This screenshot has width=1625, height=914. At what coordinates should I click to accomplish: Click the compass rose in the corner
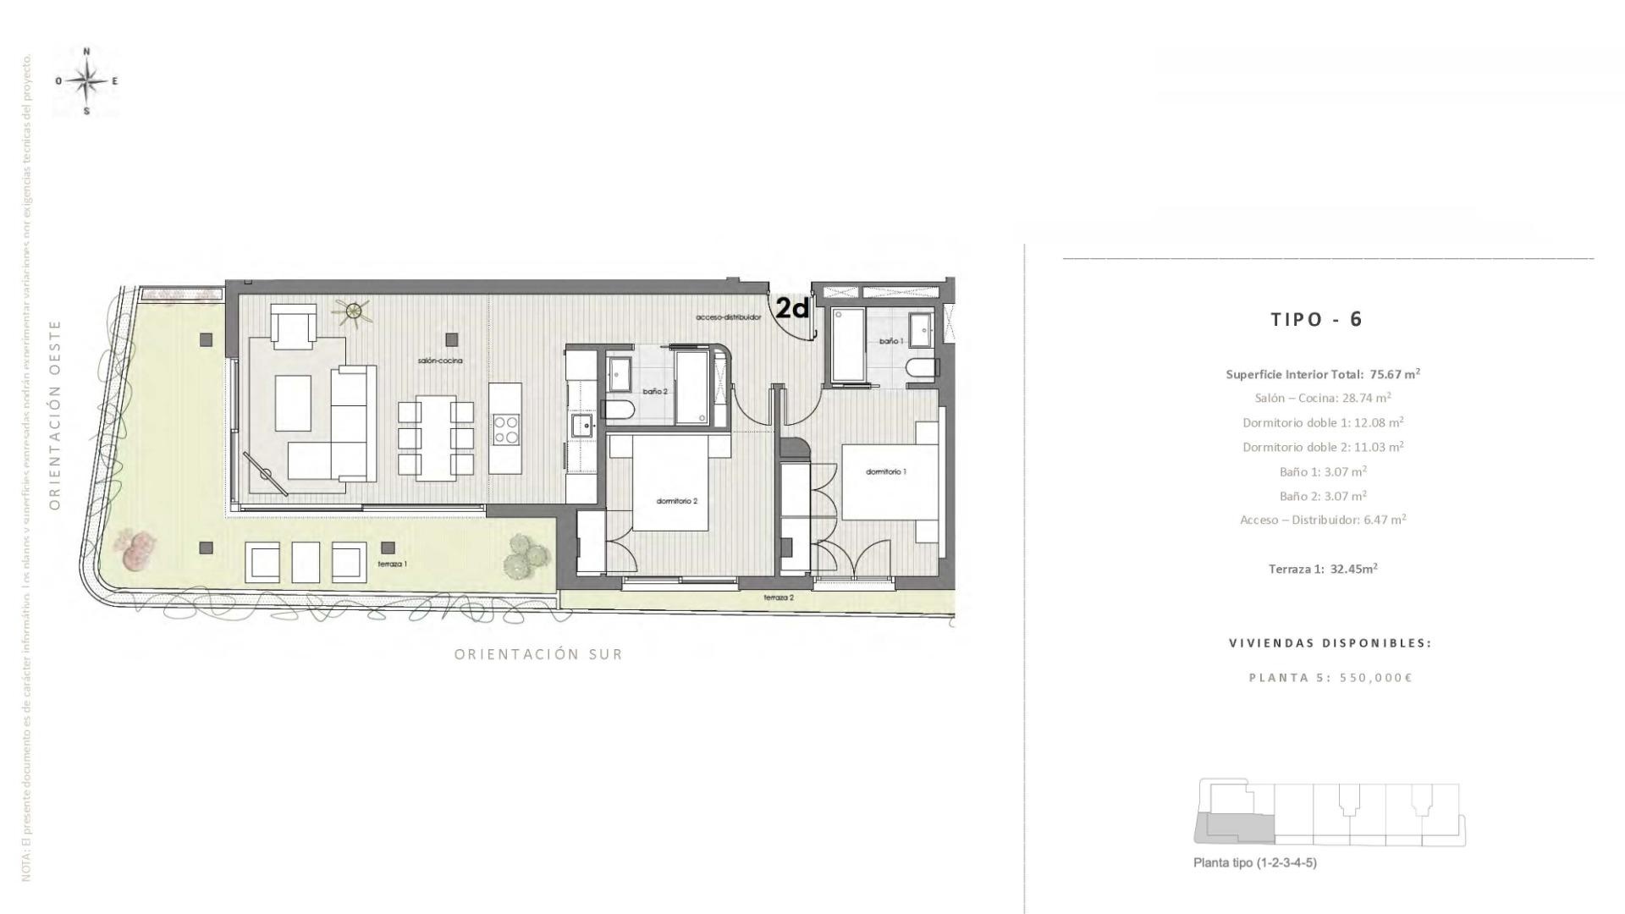click(x=85, y=81)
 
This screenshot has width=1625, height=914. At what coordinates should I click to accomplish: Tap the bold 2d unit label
click(x=792, y=309)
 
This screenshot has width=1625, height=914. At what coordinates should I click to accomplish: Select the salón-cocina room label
click(x=440, y=361)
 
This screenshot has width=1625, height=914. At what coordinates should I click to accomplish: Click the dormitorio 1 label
click(x=886, y=471)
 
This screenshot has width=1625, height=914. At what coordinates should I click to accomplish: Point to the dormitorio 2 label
click(x=677, y=501)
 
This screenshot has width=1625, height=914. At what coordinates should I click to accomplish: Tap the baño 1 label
click(x=890, y=341)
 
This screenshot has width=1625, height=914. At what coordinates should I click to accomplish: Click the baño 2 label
click(x=655, y=392)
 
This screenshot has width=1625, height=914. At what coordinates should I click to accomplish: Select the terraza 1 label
click(x=393, y=564)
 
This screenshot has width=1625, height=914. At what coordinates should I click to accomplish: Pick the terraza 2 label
click(x=779, y=597)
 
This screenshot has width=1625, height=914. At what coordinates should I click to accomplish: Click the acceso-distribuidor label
click(x=729, y=317)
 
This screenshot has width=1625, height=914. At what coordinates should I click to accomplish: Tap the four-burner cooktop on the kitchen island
click(x=506, y=428)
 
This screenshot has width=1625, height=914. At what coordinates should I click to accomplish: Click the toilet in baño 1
click(x=920, y=368)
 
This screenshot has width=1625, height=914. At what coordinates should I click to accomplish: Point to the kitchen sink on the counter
click(x=581, y=425)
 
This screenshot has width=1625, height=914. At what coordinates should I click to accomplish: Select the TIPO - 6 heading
click(x=1317, y=319)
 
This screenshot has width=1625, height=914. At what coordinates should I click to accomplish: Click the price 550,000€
click(x=1376, y=677)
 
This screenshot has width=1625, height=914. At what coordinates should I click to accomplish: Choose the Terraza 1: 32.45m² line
click(x=1323, y=569)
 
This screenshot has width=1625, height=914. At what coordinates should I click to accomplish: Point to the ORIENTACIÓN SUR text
click(x=538, y=654)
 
